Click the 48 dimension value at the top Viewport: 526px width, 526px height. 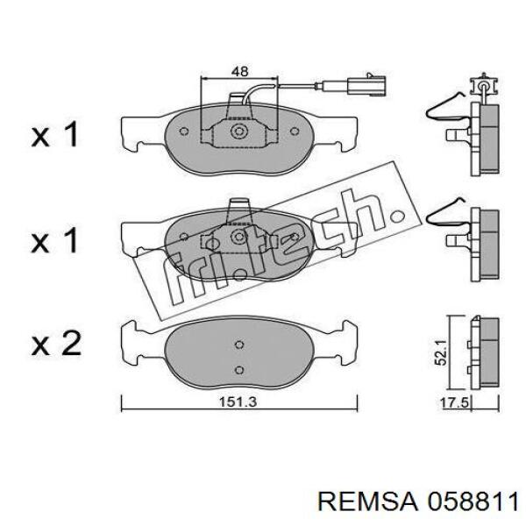click(x=240, y=72)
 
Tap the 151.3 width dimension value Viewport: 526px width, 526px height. click(x=238, y=402)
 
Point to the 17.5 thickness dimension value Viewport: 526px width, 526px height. click(x=454, y=402)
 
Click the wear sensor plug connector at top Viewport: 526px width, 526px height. click(x=366, y=85)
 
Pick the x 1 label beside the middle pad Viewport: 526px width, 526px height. click(x=54, y=240)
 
